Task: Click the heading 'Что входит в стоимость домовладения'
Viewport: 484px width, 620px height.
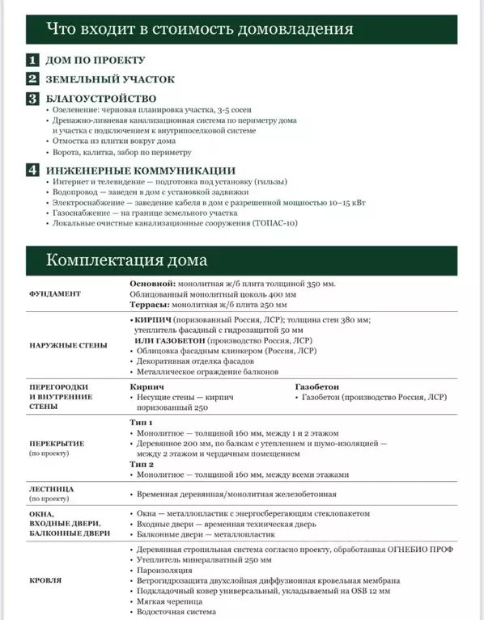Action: point(199,30)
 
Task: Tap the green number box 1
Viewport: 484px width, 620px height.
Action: point(32,60)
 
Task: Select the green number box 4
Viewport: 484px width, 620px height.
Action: point(32,170)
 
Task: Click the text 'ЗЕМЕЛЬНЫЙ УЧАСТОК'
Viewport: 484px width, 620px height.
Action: point(110,79)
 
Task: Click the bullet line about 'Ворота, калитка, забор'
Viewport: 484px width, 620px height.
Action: point(122,152)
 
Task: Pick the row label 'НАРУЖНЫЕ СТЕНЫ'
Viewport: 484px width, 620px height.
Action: point(67,345)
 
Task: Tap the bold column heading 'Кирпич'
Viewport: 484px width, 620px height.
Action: point(147,387)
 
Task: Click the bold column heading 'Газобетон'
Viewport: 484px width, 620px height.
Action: point(320,387)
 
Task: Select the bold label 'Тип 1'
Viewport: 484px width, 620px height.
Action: point(142,422)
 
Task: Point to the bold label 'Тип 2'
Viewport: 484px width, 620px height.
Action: point(142,465)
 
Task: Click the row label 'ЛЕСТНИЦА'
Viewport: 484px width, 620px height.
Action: point(52,489)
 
